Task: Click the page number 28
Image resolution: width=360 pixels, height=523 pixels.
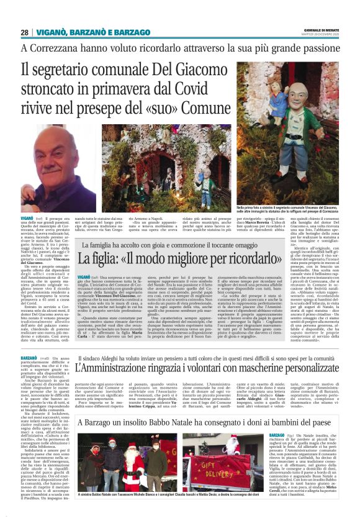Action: (24, 32)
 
